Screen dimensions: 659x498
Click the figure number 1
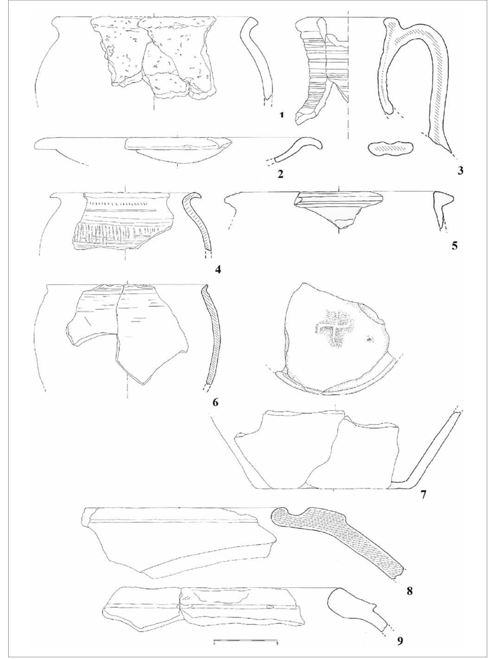(x=281, y=115)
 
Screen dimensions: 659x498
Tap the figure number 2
(x=280, y=174)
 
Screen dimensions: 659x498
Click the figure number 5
(x=454, y=246)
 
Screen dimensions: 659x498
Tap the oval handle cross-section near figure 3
(x=391, y=147)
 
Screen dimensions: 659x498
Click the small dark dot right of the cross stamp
(x=370, y=339)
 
